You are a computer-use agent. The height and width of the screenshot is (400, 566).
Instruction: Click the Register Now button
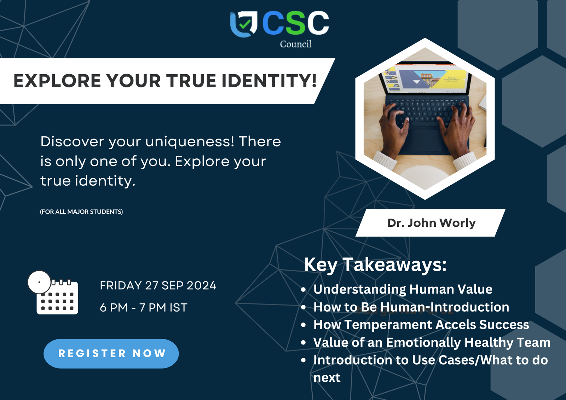coord(111,353)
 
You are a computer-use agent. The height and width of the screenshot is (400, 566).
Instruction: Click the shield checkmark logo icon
coord(244,24)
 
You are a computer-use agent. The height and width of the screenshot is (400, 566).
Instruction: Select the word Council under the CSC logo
coord(295,44)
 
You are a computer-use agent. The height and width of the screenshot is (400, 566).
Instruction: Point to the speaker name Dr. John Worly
coord(431,223)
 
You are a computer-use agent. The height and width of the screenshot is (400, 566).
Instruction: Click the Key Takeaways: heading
coord(375,265)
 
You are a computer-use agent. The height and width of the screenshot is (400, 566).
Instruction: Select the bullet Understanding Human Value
coord(403,289)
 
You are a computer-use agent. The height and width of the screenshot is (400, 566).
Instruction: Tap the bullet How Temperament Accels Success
coord(421,325)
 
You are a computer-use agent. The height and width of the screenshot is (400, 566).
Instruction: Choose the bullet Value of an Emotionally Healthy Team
coord(432,343)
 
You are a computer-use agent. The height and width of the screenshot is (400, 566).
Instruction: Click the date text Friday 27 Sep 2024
coord(158,285)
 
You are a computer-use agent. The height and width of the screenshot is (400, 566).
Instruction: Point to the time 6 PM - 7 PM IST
coord(144,308)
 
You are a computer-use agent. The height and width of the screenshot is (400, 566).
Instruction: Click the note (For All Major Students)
coord(81,212)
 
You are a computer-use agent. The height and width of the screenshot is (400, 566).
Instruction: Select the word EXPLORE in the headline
coord(57,81)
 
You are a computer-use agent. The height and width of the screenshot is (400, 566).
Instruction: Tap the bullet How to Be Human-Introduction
coord(411,307)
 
